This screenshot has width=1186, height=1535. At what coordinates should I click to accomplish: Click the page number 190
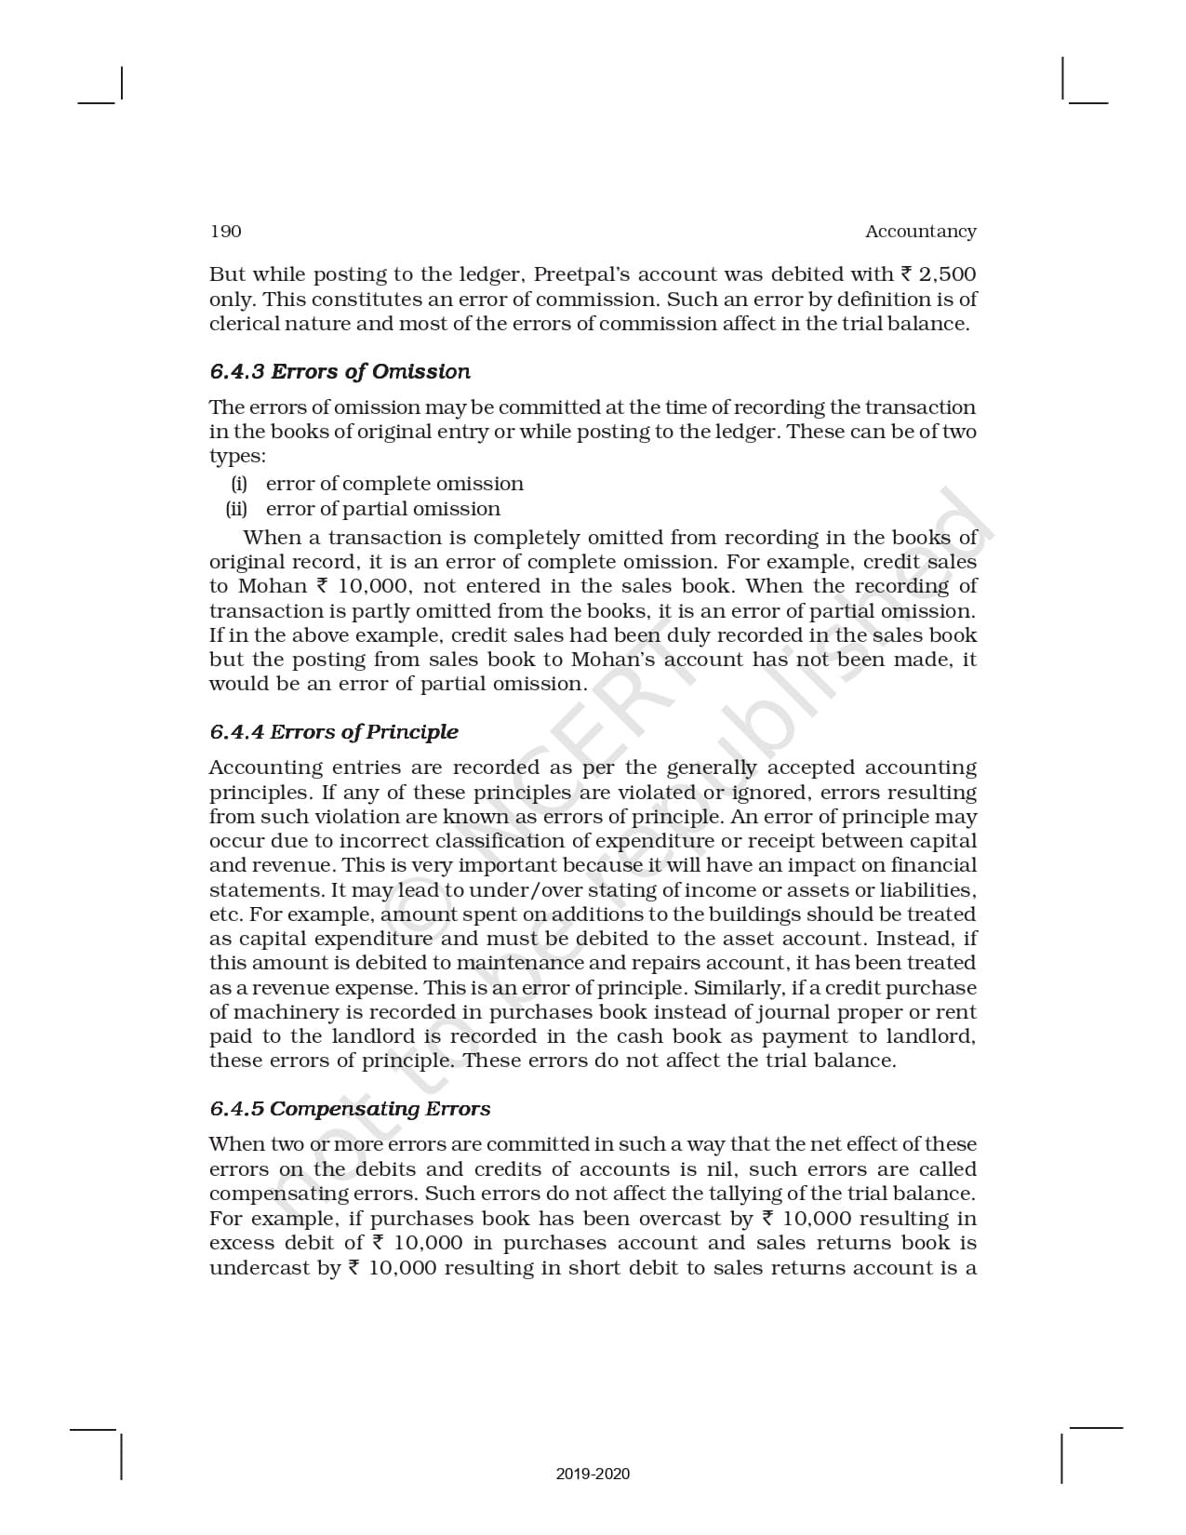click(x=225, y=232)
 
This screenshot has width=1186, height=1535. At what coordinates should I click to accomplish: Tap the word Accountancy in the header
click(x=920, y=232)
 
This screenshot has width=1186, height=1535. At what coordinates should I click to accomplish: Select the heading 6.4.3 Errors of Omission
click(x=340, y=371)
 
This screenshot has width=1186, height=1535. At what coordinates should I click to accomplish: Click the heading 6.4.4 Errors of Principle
click(x=334, y=732)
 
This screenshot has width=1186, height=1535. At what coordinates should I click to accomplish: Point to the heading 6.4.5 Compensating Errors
click(x=350, y=1109)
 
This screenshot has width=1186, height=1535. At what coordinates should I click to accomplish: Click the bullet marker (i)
click(x=239, y=484)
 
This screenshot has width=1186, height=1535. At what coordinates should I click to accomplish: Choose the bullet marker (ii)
click(x=236, y=509)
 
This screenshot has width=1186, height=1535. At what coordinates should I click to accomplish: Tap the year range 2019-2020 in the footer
click(x=593, y=1474)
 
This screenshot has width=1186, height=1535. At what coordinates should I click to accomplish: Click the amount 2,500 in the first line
click(x=947, y=274)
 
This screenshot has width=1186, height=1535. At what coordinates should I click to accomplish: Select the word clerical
click(x=243, y=324)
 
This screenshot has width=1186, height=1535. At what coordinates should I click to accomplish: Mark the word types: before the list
click(x=237, y=457)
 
